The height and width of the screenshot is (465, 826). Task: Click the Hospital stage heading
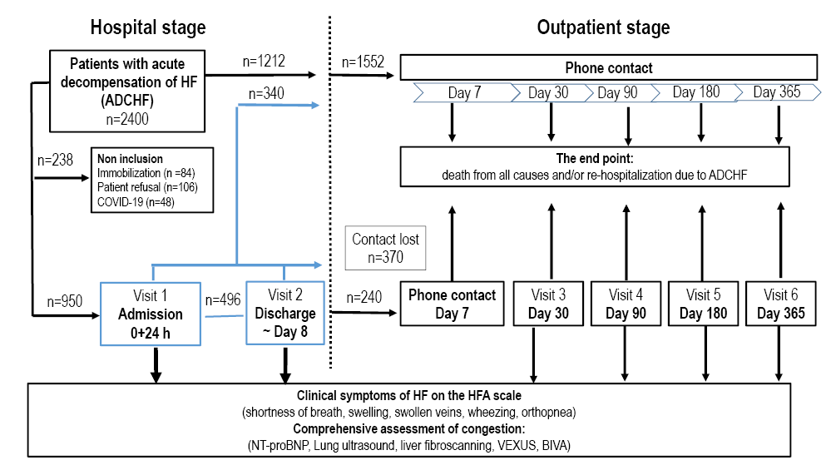(x=148, y=27)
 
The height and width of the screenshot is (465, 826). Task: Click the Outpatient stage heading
(x=603, y=27)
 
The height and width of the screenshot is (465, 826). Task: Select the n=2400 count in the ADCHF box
(x=127, y=118)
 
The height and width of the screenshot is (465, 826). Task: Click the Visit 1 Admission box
(x=151, y=313)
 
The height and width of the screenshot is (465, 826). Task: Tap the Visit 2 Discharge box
(x=284, y=313)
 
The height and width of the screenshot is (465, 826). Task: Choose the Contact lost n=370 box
(x=385, y=248)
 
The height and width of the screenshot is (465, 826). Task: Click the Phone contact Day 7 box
(x=452, y=304)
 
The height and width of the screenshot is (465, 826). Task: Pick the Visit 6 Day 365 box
(x=780, y=304)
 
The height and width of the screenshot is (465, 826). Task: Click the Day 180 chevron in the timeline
(x=695, y=92)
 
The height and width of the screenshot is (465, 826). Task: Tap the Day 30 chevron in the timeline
(x=548, y=92)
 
